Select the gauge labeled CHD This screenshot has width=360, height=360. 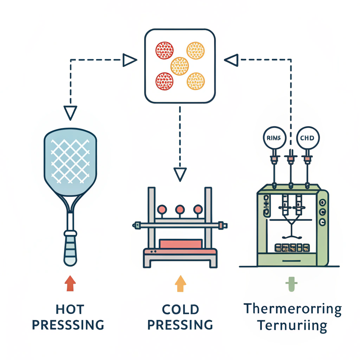[308, 138]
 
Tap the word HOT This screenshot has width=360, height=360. [70, 309]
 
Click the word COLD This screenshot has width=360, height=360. [180, 309]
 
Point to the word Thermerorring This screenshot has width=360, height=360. [292, 309]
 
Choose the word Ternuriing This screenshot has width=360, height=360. [292, 325]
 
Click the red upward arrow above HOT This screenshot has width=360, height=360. [70, 283]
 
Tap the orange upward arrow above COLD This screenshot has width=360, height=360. [180, 283]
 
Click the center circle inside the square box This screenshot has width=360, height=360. [180, 66]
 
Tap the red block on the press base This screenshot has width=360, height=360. [180, 244]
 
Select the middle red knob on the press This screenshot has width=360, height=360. [180, 210]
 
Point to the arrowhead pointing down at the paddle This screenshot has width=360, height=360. [70, 112]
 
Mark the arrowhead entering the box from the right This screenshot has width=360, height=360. [231, 60]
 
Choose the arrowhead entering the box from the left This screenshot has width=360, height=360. [129, 60]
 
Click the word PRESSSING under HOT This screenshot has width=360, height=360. [68, 325]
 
